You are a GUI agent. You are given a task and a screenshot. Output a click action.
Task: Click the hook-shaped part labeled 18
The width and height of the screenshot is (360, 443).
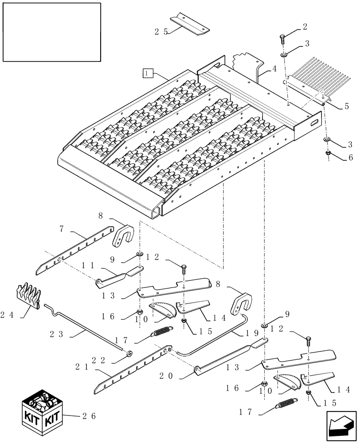242,302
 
